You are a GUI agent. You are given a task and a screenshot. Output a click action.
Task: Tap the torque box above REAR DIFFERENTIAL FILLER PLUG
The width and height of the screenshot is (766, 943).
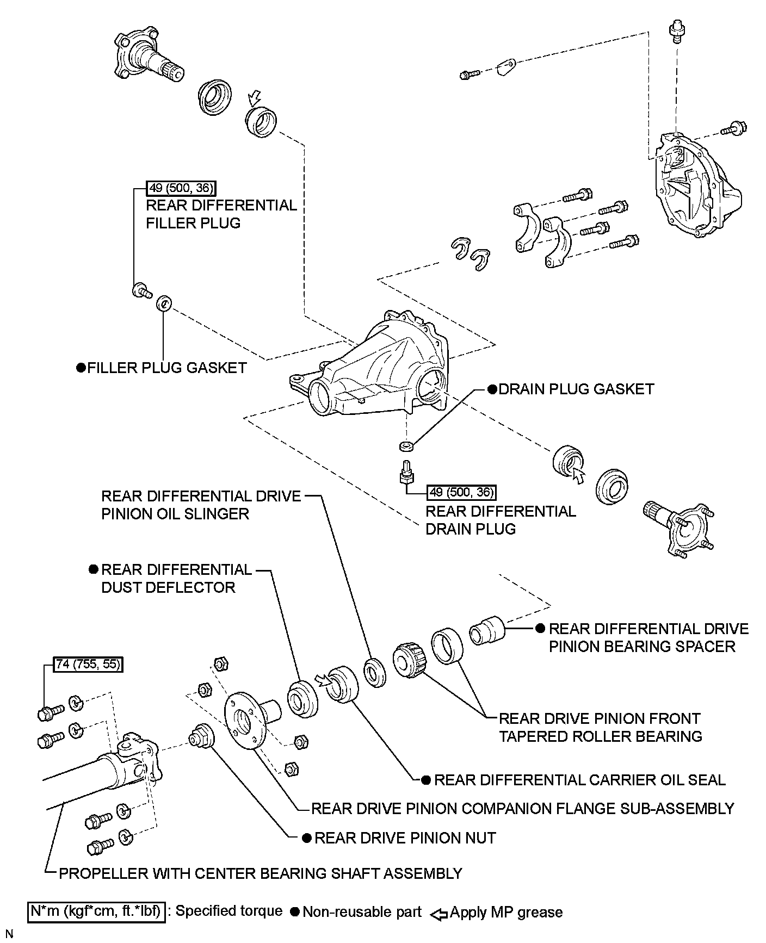pos(181,189)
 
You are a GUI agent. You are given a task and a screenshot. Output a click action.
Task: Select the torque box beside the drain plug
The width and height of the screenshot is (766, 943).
pos(462,493)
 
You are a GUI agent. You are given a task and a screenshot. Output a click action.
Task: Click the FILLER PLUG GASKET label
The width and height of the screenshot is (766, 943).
pos(167,368)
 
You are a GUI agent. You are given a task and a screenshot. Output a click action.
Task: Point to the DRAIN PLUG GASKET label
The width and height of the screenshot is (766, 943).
pos(576,389)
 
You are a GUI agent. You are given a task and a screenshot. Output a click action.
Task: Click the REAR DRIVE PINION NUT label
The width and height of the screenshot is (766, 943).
pos(405,838)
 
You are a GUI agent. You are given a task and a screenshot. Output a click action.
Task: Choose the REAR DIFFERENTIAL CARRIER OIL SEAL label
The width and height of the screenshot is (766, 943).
pos(579,780)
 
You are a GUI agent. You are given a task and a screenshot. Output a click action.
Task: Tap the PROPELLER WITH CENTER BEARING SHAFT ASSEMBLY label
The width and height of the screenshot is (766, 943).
pos(260,873)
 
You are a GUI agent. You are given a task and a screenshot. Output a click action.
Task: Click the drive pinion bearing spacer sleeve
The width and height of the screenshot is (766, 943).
pos(487,630)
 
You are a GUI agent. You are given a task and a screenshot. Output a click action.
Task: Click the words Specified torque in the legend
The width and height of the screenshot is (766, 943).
pos(229,911)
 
